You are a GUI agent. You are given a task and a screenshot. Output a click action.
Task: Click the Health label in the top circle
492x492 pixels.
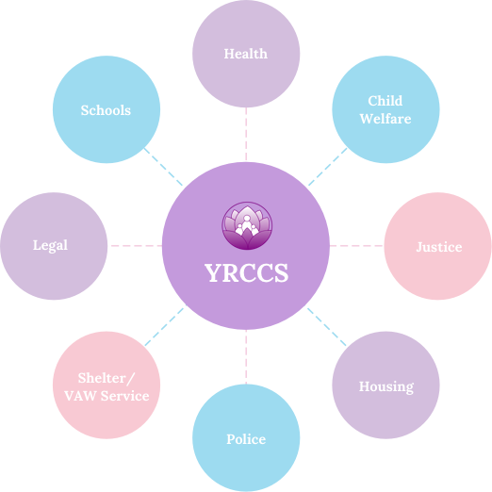pyautogui.click(x=246, y=54)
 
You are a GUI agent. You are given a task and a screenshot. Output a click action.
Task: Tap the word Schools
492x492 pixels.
pyautogui.click(x=106, y=110)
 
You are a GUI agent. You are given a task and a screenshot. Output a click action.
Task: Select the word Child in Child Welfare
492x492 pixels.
pyautogui.click(x=385, y=101)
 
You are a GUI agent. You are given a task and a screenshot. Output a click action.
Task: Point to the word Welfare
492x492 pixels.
pyautogui.click(x=385, y=119)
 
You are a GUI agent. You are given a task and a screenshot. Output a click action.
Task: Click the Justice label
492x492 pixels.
pyautogui.click(x=439, y=247)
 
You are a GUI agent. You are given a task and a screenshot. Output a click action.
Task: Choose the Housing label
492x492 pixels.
pyautogui.click(x=386, y=386)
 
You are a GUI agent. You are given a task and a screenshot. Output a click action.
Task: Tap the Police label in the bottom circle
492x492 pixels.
pyautogui.click(x=246, y=439)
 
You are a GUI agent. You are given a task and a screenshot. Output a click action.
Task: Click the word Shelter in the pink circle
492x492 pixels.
pyautogui.click(x=102, y=378)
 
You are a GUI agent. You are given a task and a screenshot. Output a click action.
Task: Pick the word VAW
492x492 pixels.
pyautogui.click(x=80, y=396)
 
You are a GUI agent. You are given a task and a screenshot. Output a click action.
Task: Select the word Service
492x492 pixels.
pyautogui.click(x=124, y=396)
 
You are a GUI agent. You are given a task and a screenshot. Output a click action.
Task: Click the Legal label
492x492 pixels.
pyautogui.click(x=50, y=245)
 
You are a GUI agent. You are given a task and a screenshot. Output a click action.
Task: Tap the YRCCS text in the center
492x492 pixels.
pyautogui.click(x=246, y=272)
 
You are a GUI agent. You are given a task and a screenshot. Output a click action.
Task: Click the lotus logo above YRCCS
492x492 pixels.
pyautogui.click(x=247, y=225)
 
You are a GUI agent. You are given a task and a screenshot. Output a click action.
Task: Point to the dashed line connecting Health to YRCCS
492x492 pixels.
pyautogui.click(x=246, y=134)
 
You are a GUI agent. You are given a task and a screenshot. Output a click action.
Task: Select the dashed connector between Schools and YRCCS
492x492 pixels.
pyautogui.click(x=163, y=167)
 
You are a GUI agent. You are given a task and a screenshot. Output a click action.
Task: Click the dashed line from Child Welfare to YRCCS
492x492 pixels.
pyautogui.click(x=328, y=167)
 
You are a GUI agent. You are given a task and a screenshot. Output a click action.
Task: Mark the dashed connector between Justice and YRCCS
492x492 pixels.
pyautogui.click(x=356, y=246)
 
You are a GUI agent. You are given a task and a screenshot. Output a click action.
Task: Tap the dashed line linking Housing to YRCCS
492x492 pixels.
pyautogui.click(x=327, y=327)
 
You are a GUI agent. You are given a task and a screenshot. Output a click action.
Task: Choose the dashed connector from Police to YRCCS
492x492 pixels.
pyautogui.click(x=246, y=357)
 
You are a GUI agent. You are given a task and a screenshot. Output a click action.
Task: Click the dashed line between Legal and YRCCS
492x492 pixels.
pyautogui.click(x=137, y=246)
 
